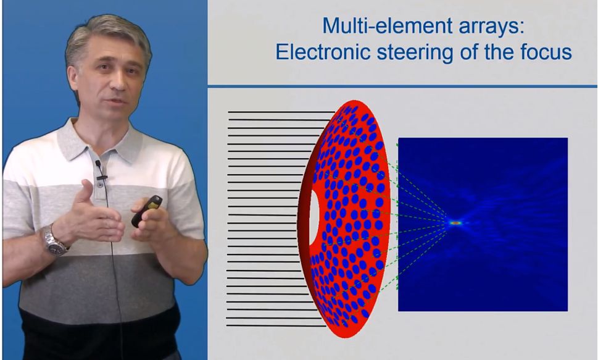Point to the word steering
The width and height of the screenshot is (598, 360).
pyautogui.click(x=415, y=53)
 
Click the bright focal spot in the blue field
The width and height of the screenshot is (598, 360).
pyautogui.click(x=455, y=222)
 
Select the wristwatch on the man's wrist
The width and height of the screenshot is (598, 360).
pyautogui.click(x=54, y=240)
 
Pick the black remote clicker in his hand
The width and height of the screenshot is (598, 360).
pyautogui.click(x=146, y=211)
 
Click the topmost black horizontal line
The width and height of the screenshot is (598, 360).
pyautogui.click(x=281, y=112)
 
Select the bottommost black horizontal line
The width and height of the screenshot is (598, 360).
pyautogui.click(x=276, y=325)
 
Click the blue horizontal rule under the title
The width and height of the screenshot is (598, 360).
pyautogui.click(x=402, y=86)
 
